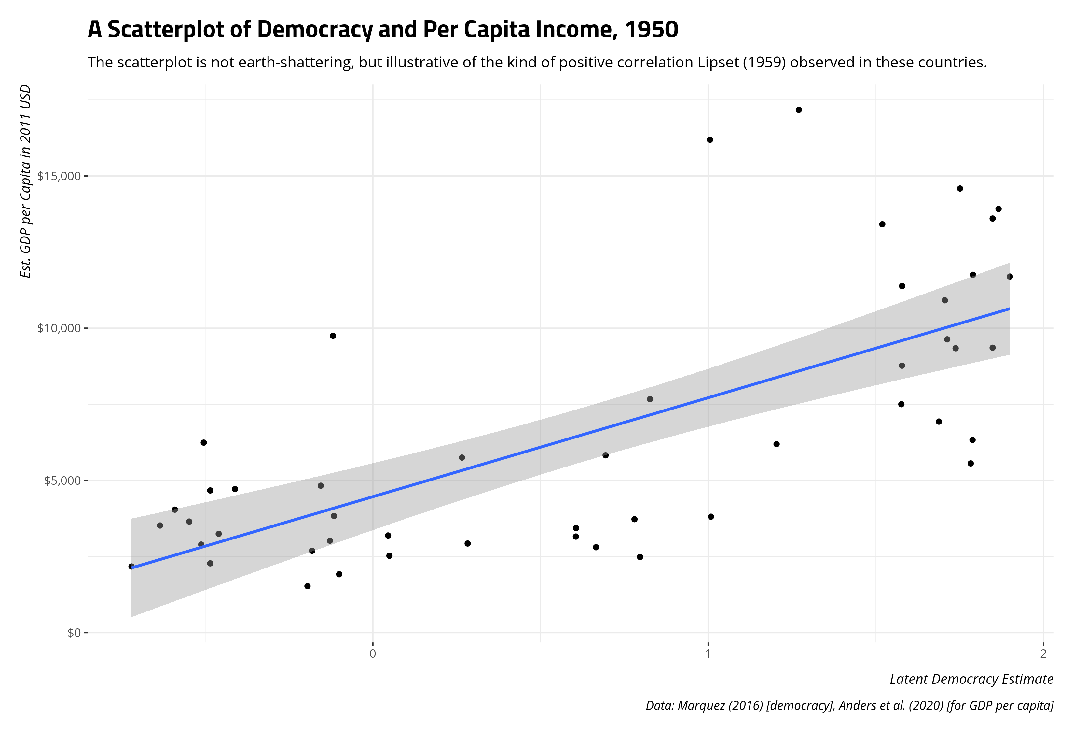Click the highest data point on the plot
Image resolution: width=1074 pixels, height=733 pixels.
point(799,109)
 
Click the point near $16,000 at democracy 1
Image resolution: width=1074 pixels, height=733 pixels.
point(710,140)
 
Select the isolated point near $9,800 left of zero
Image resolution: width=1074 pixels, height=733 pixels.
point(333,336)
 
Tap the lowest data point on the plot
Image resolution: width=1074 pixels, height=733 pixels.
point(307,586)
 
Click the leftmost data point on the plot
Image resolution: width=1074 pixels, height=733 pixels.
point(131,567)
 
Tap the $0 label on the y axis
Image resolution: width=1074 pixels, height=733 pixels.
point(74,633)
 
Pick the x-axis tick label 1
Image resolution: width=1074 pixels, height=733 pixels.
point(708,654)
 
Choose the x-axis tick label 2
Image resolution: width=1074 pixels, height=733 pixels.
point(1043,654)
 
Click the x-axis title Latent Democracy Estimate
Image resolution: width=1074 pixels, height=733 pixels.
point(971,679)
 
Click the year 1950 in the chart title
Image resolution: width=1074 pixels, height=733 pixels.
point(651,30)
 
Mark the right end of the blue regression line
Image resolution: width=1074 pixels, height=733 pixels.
point(1009,309)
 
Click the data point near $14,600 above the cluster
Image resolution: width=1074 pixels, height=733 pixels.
point(960,188)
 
